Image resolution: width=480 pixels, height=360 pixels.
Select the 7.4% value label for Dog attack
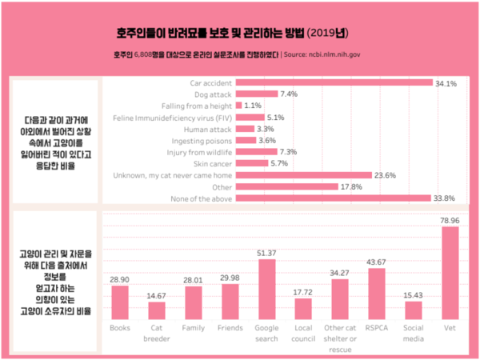click(x=290, y=94)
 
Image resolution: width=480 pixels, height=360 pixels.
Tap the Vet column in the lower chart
click(x=450, y=273)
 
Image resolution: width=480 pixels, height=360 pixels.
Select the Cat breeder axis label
click(x=157, y=334)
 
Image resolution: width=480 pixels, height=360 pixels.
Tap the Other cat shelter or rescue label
click(x=340, y=338)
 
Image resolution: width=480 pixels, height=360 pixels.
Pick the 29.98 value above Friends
click(x=230, y=277)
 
